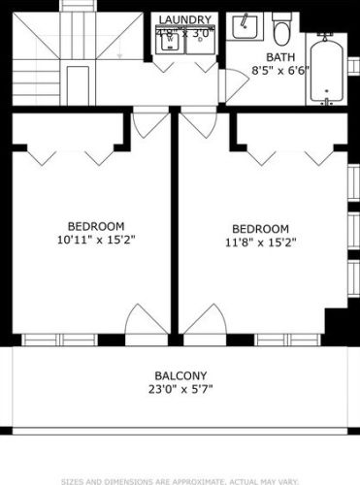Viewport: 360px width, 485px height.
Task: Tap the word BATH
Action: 265,57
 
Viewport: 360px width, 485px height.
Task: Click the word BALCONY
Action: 180,376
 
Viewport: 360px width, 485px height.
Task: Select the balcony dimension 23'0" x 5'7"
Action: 180,390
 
